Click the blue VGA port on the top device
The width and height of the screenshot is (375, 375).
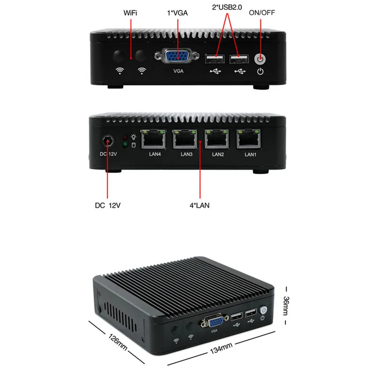[x=177, y=56]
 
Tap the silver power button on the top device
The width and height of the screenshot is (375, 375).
[x=260, y=59]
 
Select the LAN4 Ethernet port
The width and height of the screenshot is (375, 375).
[x=154, y=139]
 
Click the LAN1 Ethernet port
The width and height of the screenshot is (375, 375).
[x=248, y=139]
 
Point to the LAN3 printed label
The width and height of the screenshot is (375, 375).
[x=187, y=154]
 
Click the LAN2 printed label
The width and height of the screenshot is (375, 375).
[x=218, y=155]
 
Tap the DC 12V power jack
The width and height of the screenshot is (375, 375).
[x=108, y=141]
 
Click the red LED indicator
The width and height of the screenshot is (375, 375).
[x=125, y=137]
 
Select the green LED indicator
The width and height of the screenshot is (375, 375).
[x=125, y=144]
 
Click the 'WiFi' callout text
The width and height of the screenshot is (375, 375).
[x=130, y=13]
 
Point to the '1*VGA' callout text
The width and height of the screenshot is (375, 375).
[x=177, y=13]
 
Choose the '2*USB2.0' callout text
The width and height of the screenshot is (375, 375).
[x=227, y=7]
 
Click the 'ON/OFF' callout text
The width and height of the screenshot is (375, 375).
[x=262, y=13]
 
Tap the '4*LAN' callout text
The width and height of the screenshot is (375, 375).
[x=200, y=205]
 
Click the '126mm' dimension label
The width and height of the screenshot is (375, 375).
[x=118, y=342]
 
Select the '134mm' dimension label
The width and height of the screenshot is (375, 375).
[x=221, y=348]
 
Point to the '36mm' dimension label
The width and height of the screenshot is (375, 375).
[x=286, y=306]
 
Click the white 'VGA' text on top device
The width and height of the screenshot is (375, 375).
[x=179, y=71]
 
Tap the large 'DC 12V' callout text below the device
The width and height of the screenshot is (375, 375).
[x=108, y=205]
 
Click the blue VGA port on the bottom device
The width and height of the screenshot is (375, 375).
[x=216, y=322]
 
